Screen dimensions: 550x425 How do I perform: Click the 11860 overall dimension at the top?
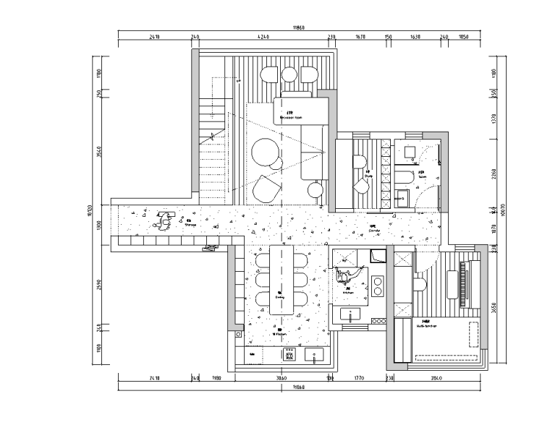[298, 27]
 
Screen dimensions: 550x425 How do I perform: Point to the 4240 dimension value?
[262, 35]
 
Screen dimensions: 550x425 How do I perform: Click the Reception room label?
[289, 115]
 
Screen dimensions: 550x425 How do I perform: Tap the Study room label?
[368, 173]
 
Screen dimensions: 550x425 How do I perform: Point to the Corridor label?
[373, 228]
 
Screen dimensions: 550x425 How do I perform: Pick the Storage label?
[190, 223]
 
